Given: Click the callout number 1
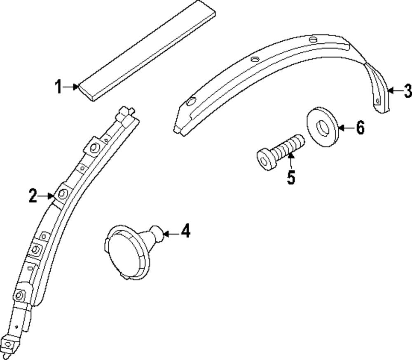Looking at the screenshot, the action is point(59,87).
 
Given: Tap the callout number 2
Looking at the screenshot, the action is point(33,196).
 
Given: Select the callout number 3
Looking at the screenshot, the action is point(407,91).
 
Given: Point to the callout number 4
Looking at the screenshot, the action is point(185,231).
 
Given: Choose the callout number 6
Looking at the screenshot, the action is point(360,128).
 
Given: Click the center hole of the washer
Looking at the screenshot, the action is point(323,128).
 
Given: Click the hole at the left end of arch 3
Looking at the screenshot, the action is point(190,102).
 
